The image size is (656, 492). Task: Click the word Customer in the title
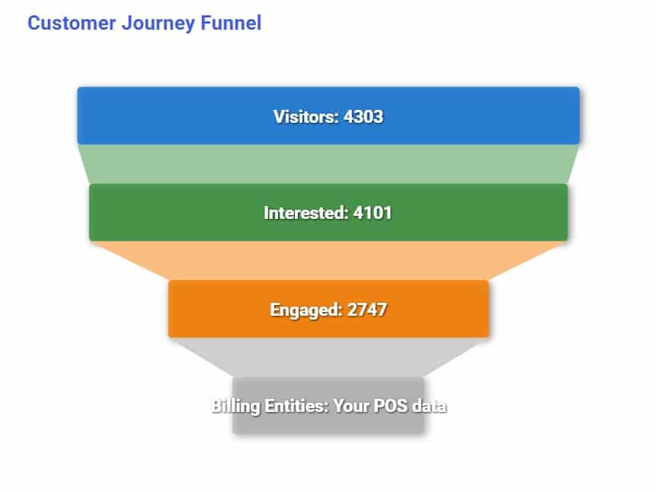click(72, 23)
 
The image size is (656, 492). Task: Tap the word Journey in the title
click(158, 24)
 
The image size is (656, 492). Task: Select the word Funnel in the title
click(231, 23)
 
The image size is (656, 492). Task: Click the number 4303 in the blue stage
click(363, 117)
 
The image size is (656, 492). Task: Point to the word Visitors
click(306, 117)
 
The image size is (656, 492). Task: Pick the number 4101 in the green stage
click(373, 213)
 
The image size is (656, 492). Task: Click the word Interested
click(306, 213)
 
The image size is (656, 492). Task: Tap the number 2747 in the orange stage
click(367, 310)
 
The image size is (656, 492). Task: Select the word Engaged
click(306, 310)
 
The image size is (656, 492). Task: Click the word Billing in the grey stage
click(235, 407)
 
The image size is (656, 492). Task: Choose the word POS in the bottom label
click(390, 406)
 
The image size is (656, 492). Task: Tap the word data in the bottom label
click(429, 406)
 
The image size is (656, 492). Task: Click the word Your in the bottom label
click(351, 406)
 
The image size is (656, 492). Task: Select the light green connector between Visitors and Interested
click(328, 164)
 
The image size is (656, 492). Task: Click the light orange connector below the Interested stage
click(328, 260)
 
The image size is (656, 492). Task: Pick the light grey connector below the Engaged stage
click(328, 357)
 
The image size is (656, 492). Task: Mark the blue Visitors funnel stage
click(328, 116)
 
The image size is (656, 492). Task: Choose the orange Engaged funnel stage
click(328, 309)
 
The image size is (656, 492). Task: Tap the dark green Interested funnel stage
click(328, 212)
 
